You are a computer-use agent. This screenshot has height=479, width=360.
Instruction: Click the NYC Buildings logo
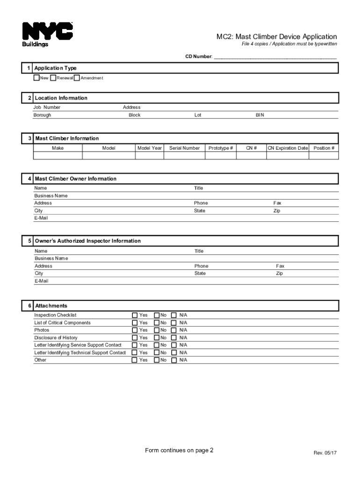[47, 34]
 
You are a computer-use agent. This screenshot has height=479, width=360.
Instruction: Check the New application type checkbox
[36, 78]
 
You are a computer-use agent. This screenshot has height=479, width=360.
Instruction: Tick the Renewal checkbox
[53, 78]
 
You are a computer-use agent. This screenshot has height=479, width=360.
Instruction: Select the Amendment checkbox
[77, 78]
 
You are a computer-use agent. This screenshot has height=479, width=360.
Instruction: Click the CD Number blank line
[275, 57]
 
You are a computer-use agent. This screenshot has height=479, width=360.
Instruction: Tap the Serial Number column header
[184, 148]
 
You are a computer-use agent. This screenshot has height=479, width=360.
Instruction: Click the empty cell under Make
[58, 156]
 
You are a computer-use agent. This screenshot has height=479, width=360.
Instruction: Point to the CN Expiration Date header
[288, 148]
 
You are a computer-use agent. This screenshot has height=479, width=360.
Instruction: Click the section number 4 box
[29, 179]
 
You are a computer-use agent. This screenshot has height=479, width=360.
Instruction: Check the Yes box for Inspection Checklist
[135, 315]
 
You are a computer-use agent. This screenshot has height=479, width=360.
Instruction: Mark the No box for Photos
[157, 330]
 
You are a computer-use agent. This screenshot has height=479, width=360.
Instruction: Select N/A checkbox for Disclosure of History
[174, 338]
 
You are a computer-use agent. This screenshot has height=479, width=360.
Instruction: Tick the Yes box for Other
[135, 360]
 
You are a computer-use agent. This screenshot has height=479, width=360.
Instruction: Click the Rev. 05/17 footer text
[325, 453]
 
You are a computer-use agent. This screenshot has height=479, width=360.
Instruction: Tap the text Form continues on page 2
[179, 450]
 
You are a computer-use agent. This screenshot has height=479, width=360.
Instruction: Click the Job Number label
[47, 108]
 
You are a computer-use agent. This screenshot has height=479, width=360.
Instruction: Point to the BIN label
[259, 115]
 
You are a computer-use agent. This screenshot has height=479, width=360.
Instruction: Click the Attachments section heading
[51, 306]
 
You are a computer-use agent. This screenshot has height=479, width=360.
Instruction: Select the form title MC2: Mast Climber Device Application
[276, 36]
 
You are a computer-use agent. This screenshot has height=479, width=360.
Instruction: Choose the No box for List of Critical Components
[157, 323]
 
